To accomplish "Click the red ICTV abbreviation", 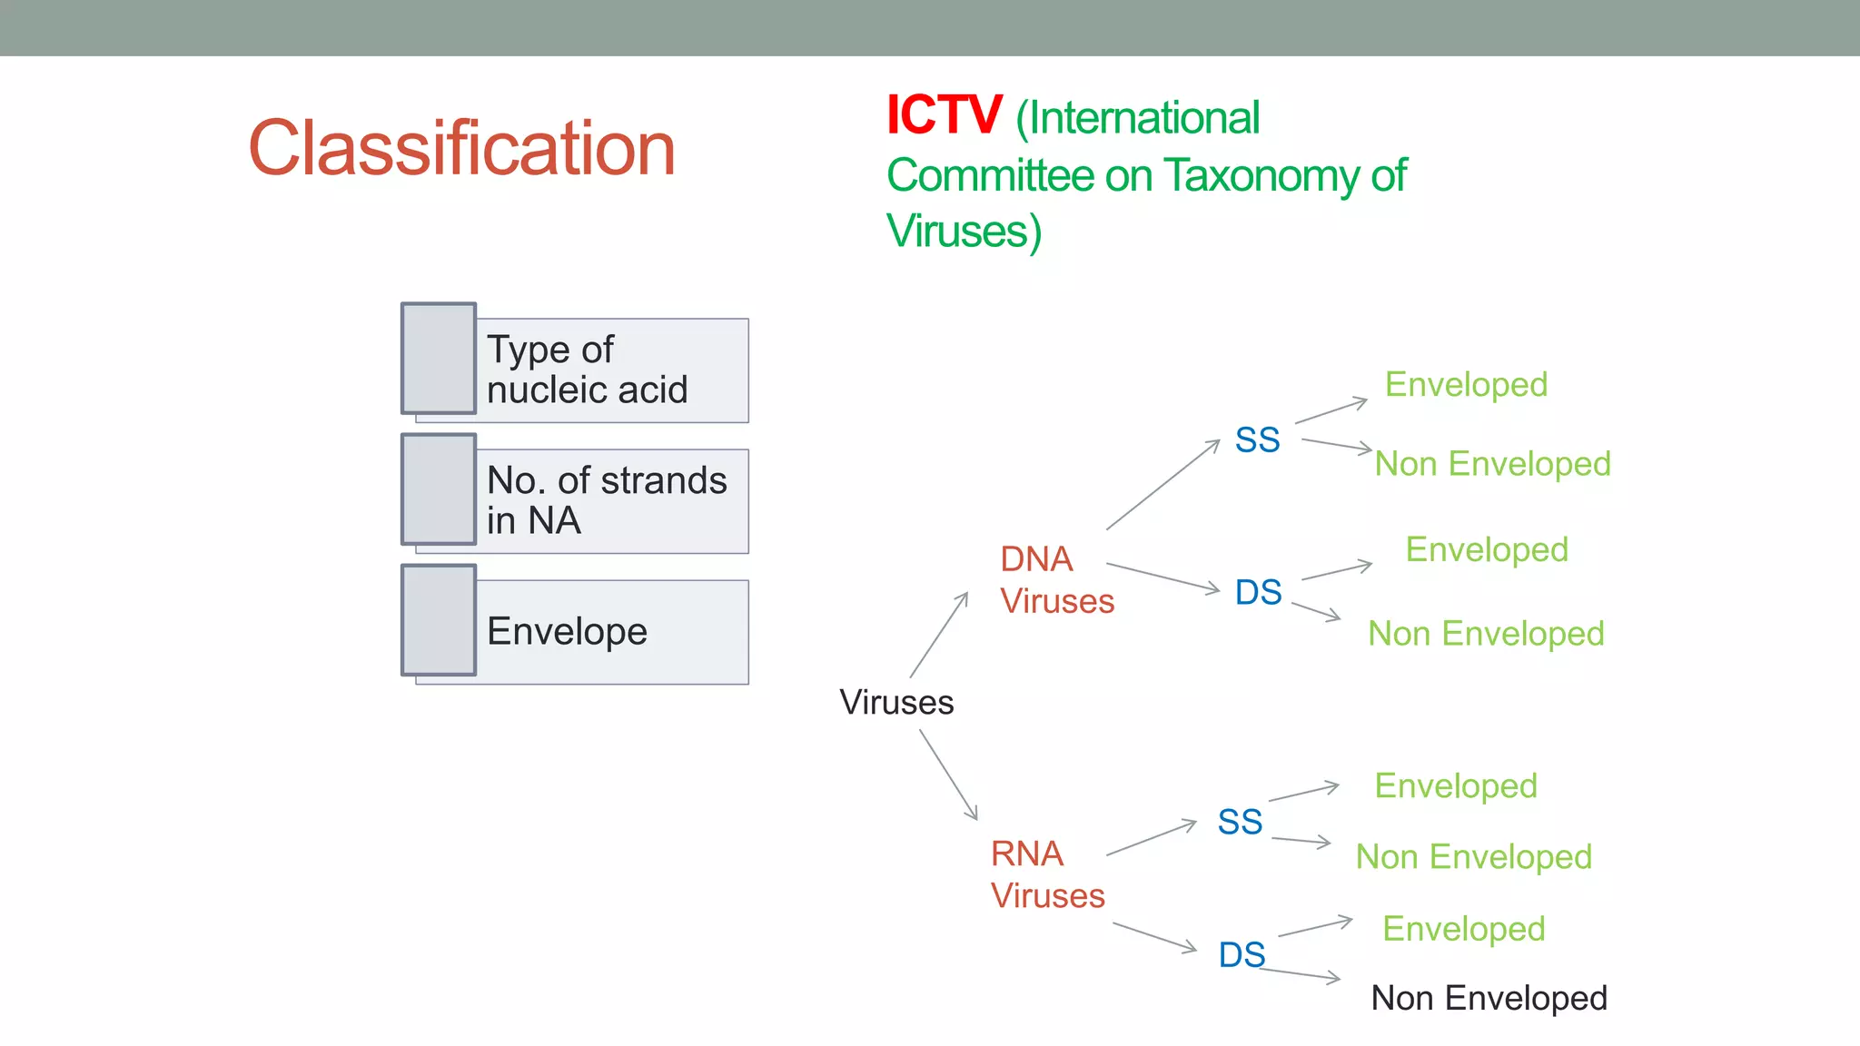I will click(x=944, y=116).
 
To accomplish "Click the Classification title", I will click(x=462, y=148).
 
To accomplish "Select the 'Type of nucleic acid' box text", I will click(x=587, y=370).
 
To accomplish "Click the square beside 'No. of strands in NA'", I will click(x=440, y=489).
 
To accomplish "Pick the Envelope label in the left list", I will click(x=567, y=631).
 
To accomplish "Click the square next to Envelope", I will click(x=440, y=620).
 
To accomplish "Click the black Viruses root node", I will click(x=896, y=702).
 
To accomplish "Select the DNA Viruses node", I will click(x=1056, y=579).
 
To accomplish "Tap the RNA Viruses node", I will click(x=1047, y=874).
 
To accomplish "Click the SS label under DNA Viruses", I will click(x=1257, y=440).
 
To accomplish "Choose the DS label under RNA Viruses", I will click(x=1242, y=955).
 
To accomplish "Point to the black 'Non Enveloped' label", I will click(x=1489, y=998).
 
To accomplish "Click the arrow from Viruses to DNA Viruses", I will click(x=939, y=635).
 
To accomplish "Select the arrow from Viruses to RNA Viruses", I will click(x=948, y=775).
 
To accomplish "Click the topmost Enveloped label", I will click(x=1466, y=384).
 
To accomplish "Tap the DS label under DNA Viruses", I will click(x=1258, y=593).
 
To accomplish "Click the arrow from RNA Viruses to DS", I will click(x=1154, y=937).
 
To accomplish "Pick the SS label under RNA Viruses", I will click(x=1240, y=823).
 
